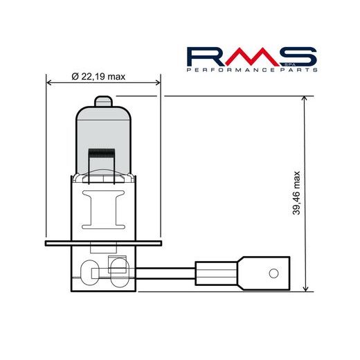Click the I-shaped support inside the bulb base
[x=102, y=211]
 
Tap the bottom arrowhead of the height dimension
[x=305, y=289]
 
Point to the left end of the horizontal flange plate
[x=47, y=244]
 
